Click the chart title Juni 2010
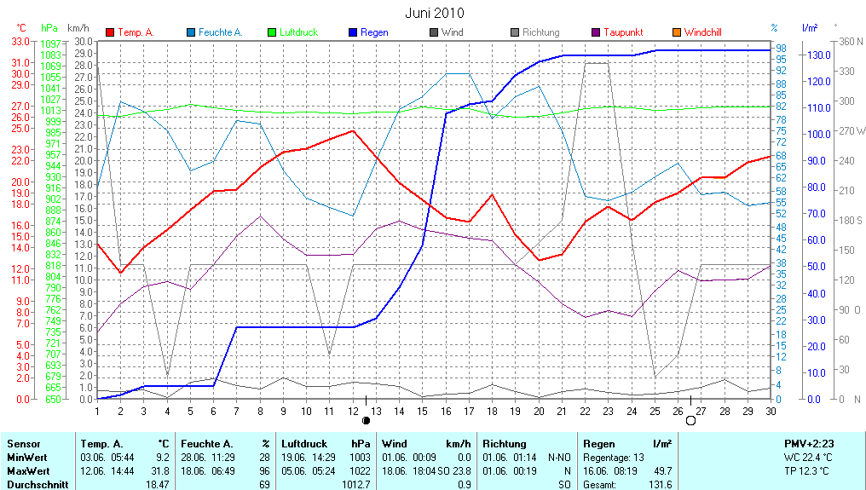pyautogui.click(x=436, y=13)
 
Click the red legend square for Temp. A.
pyautogui.click(x=110, y=32)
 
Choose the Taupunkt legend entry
pyautogui.click(x=623, y=32)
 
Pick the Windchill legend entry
pyautogui.click(x=702, y=32)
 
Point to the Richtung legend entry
pyautogui.click(x=540, y=32)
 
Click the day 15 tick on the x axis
pyautogui.click(x=422, y=411)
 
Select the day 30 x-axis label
pyautogui.click(x=770, y=411)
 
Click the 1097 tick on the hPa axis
pyautogui.click(x=51, y=43)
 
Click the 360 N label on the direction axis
pyautogui.click(x=851, y=41)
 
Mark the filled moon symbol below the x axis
pyautogui.click(x=367, y=420)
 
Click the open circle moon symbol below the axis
pyautogui.click(x=690, y=420)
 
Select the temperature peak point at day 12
pyautogui.click(x=352, y=130)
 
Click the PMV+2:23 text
pyautogui.click(x=809, y=444)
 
